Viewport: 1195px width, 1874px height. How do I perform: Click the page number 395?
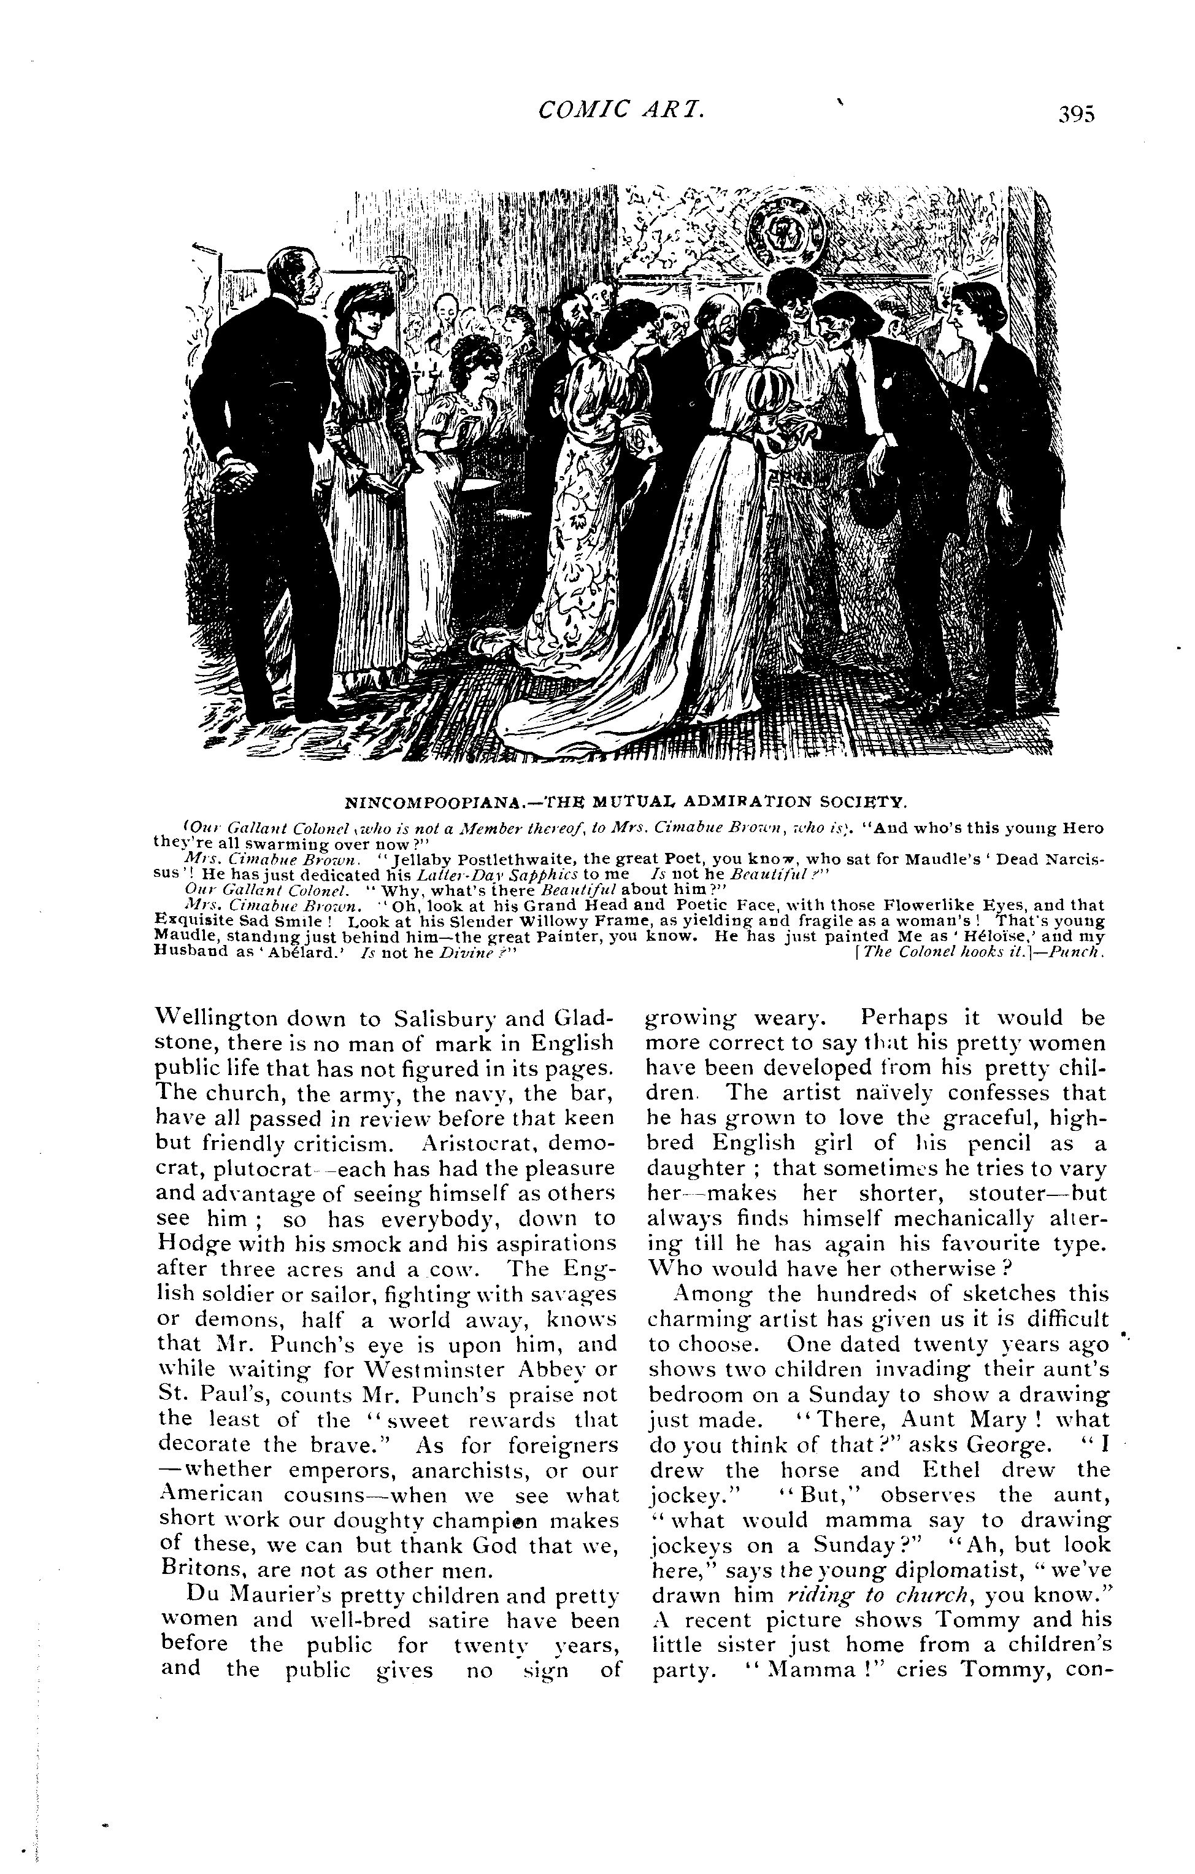pyautogui.click(x=1076, y=114)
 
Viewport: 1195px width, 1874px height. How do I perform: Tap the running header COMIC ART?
pyautogui.click(x=621, y=110)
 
